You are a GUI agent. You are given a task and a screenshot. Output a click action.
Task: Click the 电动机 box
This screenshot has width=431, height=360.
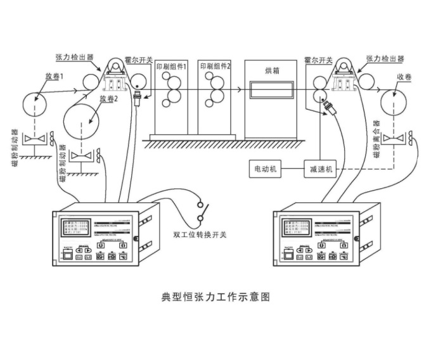point(265,169)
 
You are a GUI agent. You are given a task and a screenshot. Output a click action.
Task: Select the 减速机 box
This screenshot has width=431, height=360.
point(321,169)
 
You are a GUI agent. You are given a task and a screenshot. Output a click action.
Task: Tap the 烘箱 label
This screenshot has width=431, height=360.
point(270,69)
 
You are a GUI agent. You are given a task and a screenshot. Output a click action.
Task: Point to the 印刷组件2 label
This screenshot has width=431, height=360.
point(215,66)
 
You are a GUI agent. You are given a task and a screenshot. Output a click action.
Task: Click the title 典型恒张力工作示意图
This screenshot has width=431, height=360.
point(216,296)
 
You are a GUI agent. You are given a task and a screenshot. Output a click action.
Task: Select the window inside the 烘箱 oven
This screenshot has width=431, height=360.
point(270,89)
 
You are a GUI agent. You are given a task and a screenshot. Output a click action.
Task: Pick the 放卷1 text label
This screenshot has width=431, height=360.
point(56,77)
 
